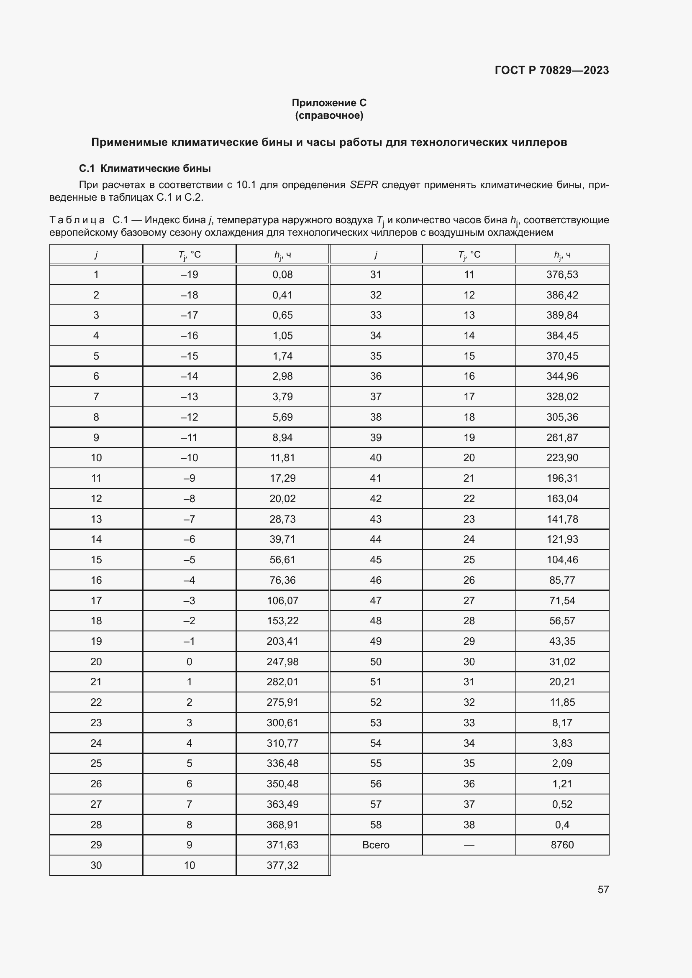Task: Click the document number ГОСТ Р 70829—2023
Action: [x=551, y=70]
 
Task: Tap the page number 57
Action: [x=603, y=889]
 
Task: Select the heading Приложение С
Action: [x=329, y=103]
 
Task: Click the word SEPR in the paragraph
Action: [x=364, y=185]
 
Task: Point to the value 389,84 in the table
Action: [x=562, y=315]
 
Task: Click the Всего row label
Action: [x=375, y=845]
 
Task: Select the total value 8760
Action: [x=562, y=845]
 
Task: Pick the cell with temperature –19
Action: [x=189, y=275]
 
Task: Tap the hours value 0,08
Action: [x=282, y=275]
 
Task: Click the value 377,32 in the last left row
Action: [x=282, y=865]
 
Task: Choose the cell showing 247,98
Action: [x=282, y=661]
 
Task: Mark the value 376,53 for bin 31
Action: [x=562, y=275]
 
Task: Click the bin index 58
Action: [x=375, y=825]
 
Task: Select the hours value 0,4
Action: [x=562, y=825]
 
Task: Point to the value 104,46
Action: [x=562, y=560]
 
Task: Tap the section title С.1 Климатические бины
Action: [x=145, y=169]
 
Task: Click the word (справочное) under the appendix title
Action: [x=329, y=115]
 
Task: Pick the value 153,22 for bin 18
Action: [x=282, y=621]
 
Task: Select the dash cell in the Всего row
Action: [x=469, y=845]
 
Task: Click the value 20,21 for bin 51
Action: [x=562, y=682]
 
